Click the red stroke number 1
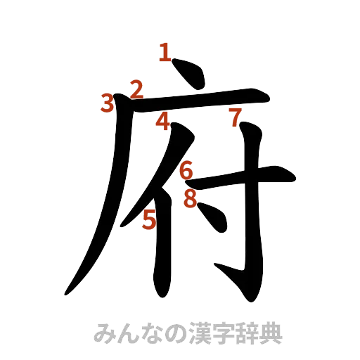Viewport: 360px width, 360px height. click(x=165, y=51)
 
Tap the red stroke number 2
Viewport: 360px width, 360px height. click(x=136, y=89)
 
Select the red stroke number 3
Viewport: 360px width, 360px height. click(x=107, y=103)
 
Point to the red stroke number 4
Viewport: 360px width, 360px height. click(x=162, y=121)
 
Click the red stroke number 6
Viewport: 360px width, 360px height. click(x=186, y=169)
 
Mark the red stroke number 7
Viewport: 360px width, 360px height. click(x=235, y=115)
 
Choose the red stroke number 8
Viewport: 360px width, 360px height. click(x=189, y=199)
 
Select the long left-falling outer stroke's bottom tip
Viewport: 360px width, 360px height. click(x=68, y=289)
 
